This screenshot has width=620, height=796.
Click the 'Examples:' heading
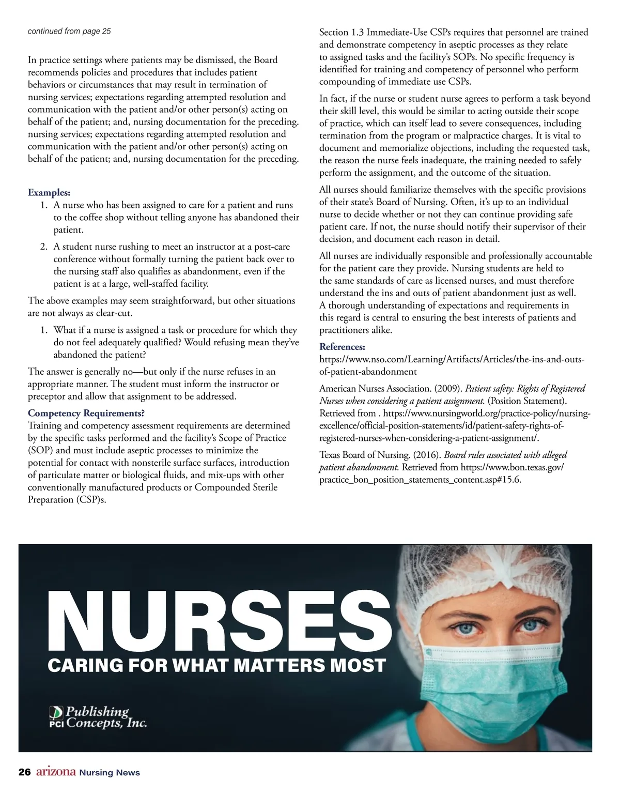(x=49, y=193)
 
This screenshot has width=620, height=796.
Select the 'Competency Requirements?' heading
(x=86, y=413)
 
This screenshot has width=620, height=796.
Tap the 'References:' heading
(x=342, y=346)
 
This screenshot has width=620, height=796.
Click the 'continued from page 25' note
(x=69, y=31)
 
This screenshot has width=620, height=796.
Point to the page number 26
(x=24, y=772)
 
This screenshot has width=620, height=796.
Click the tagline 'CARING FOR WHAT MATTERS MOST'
(x=216, y=665)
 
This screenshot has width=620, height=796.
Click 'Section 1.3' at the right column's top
(x=342, y=32)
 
